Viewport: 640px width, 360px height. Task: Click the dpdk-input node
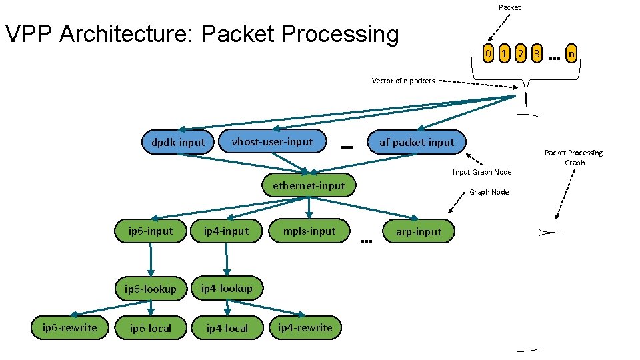tap(178, 142)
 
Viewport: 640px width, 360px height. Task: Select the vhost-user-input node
tap(272, 141)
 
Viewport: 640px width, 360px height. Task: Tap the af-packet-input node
tap(417, 142)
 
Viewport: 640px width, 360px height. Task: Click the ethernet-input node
tap(309, 185)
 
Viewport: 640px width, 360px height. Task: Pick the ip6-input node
tap(151, 231)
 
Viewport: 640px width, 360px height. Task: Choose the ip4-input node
tap(227, 231)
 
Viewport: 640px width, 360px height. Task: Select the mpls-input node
tap(309, 231)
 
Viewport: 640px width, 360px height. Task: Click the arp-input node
tap(419, 231)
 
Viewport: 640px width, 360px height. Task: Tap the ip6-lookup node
tap(151, 289)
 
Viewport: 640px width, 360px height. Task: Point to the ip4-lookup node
tap(227, 288)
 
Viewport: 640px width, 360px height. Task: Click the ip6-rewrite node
tap(70, 328)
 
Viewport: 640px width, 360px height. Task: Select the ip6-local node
tap(151, 328)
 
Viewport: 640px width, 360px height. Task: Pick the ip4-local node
tap(227, 328)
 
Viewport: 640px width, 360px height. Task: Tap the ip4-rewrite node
tap(305, 327)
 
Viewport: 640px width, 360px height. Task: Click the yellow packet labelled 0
tap(488, 53)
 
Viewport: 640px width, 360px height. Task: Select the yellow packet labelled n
tap(571, 53)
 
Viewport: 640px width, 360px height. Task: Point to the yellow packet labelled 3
tap(537, 53)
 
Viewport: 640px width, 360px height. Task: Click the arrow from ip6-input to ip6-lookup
tap(151, 259)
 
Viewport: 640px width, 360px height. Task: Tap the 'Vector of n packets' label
tap(403, 81)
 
